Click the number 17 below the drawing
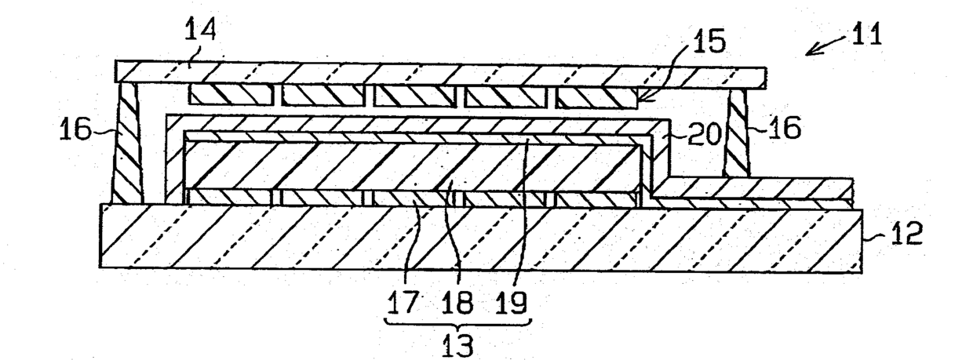click(405, 301)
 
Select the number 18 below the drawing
click(459, 301)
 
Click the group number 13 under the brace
click(457, 343)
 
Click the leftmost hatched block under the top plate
click(233, 95)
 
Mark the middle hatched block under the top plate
click(415, 95)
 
